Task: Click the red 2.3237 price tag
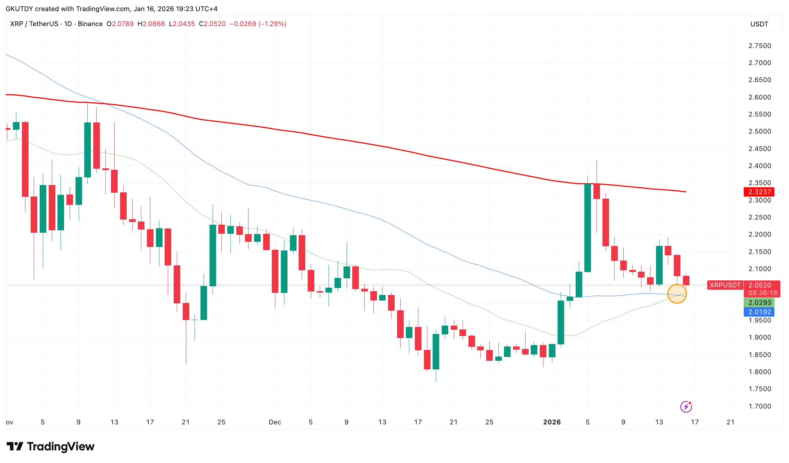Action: (759, 192)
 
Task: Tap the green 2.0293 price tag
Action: (759, 302)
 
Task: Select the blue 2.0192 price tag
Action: (759, 312)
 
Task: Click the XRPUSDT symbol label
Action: (725, 285)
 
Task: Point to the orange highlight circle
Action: (677, 294)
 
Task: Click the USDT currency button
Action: (759, 24)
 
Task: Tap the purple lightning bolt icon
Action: (686, 406)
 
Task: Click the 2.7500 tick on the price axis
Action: (759, 46)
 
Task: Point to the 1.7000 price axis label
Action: (759, 406)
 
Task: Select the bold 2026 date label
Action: (552, 422)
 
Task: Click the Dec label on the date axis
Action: (275, 422)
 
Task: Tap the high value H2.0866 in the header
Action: (151, 24)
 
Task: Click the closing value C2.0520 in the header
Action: (212, 24)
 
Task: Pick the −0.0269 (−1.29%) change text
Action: (258, 24)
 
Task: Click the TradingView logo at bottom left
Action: (50, 446)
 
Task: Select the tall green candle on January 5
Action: (587, 228)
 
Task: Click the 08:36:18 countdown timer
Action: (763, 293)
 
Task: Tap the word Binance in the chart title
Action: (90, 24)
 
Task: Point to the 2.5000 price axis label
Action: (759, 131)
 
